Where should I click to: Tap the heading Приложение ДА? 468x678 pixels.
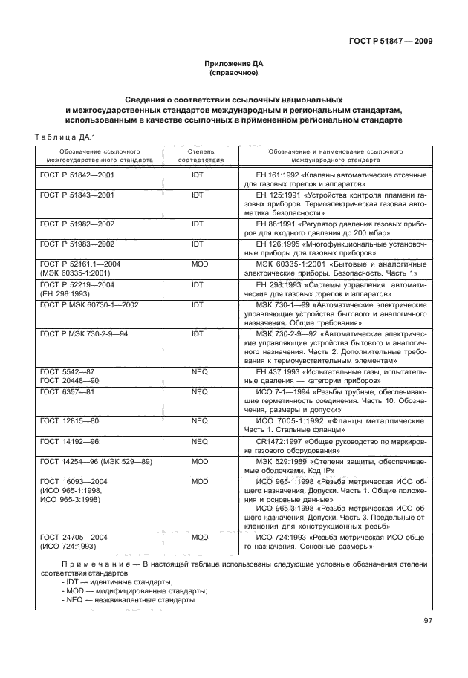point(233,65)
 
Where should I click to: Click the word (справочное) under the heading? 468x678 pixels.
point(233,74)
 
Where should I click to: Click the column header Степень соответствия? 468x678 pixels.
point(196,154)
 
